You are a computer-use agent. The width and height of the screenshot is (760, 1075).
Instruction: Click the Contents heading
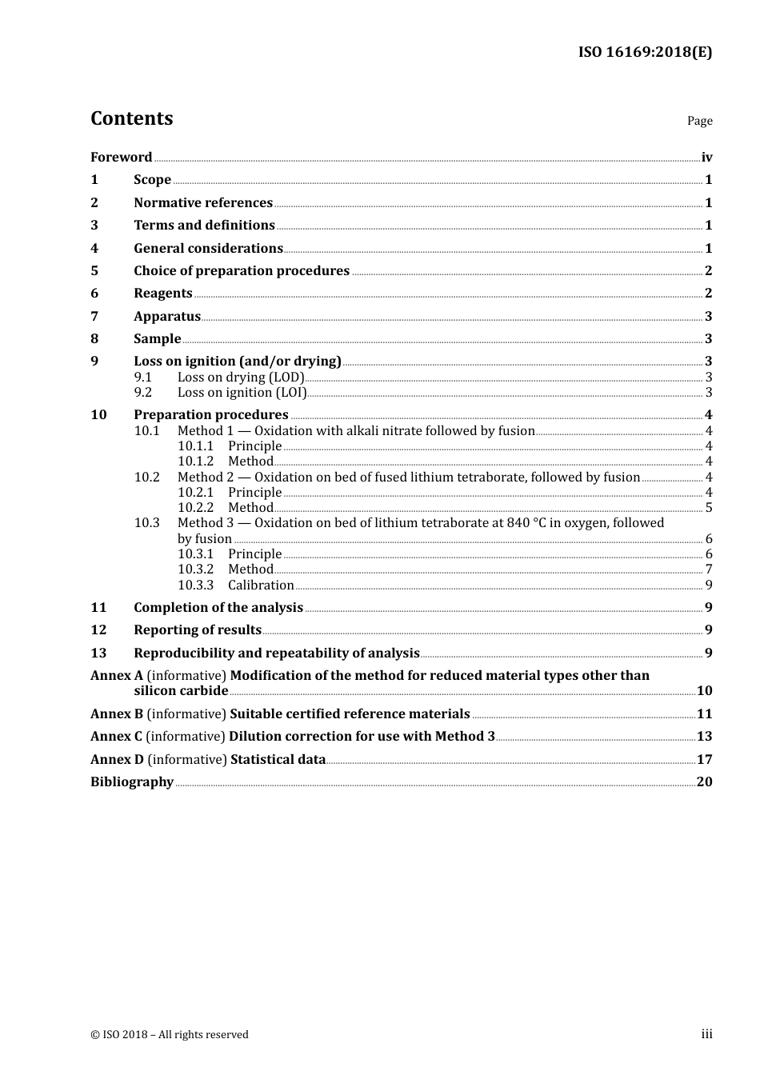(x=131, y=118)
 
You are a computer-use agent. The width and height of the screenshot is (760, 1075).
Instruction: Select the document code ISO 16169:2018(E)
(x=645, y=52)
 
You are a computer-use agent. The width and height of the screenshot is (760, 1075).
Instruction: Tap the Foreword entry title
(x=121, y=157)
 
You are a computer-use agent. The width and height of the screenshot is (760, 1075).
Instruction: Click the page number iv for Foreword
(x=706, y=157)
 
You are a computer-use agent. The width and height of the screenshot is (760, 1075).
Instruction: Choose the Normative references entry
(x=203, y=202)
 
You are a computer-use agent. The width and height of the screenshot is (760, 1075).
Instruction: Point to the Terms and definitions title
(x=204, y=225)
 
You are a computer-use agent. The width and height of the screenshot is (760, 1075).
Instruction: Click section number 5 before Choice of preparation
(x=94, y=270)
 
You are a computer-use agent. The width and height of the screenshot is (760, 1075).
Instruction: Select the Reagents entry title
(x=163, y=293)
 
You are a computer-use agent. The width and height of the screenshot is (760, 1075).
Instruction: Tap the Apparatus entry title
(x=167, y=316)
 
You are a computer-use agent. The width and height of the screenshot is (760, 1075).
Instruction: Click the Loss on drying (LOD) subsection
(x=241, y=377)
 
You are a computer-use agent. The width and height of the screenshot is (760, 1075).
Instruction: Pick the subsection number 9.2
(x=142, y=392)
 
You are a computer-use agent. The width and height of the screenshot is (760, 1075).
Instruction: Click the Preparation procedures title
(x=211, y=414)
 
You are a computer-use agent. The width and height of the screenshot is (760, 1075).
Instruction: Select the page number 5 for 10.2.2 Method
(x=709, y=507)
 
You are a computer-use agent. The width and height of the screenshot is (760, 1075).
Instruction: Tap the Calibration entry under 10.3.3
(x=261, y=585)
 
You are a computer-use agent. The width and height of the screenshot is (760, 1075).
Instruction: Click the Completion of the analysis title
(x=218, y=607)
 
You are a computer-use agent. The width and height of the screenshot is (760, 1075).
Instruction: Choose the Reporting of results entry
(x=198, y=629)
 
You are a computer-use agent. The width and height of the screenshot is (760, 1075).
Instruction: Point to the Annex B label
(x=117, y=713)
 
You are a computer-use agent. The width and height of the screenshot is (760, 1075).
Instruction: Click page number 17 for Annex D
(x=704, y=759)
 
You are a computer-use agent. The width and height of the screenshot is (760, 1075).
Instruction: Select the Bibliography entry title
(x=132, y=781)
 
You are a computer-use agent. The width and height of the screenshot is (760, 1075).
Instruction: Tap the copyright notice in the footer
(x=170, y=1034)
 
